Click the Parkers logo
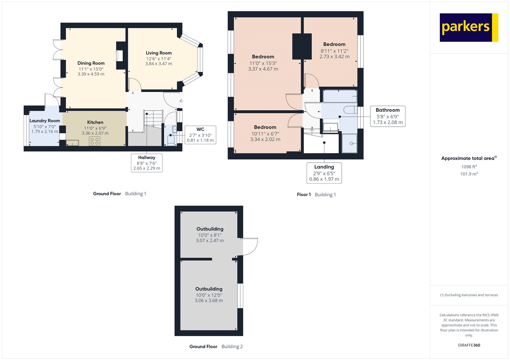pyautogui.click(x=469, y=27)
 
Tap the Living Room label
pyautogui.click(x=159, y=53)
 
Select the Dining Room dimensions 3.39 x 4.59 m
pyautogui.click(x=91, y=74)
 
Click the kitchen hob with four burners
pyautogui.click(x=94, y=141)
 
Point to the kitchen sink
pyautogui.click(x=73, y=143)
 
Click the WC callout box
pyautogui.click(x=200, y=135)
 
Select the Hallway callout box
pyautogui.click(x=147, y=163)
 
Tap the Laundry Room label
pyautogui.click(x=45, y=121)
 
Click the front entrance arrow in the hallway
pyautogui.click(x=181, y=101)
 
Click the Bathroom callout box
pyautogui.click(x=388, y=116)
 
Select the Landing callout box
pyautogui.click(x=324, y=173)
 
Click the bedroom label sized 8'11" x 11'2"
pyautogui.click(x=334, y=44)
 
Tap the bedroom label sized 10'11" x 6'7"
pyautogui.click(x=265, y=127)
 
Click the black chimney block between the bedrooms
pyautogui.click(x=302, y=46)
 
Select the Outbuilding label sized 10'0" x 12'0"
pyautogui.click(x=209, y=289)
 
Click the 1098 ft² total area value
pyautogui.click(x=469, y=167)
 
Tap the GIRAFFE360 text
pyautogui.click(x=469, y=345)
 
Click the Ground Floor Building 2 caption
pyautogui.click(x=216, y=347)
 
